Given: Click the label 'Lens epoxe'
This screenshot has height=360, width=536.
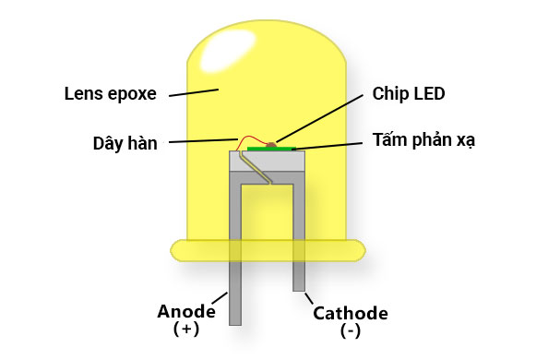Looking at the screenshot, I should [x=111, y=93].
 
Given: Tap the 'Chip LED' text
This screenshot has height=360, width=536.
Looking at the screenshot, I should [x=409, y=93].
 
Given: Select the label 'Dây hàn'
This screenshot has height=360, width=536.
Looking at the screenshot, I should [x=125, y=143].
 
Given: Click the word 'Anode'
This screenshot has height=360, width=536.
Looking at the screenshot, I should [x=186, y=311].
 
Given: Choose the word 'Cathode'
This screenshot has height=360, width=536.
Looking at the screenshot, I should [x=351, y=313].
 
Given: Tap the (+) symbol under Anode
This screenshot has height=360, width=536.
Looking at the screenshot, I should [x=186, y=329].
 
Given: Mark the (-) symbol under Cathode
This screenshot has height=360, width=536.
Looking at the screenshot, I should [x=351, y=330].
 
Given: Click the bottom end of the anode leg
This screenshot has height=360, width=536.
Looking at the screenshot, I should [x=235, y=320].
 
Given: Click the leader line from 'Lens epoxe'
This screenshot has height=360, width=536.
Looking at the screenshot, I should [x=194, y=92].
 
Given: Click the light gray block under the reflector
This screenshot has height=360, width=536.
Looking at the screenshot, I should [x=268, y=161].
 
